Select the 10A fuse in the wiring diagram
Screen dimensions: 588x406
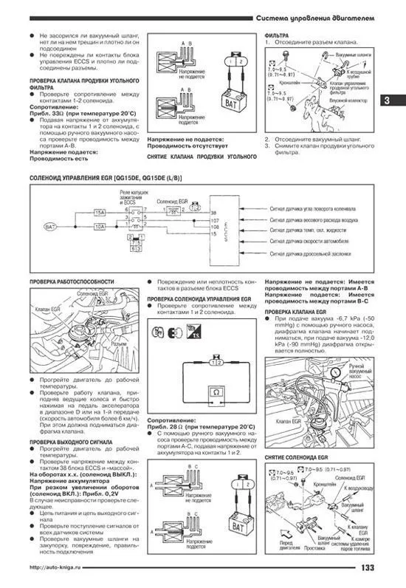point(98,226)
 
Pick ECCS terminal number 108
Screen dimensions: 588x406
point(215,227)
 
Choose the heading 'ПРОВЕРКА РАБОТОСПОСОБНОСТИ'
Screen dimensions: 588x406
point(71,282)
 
